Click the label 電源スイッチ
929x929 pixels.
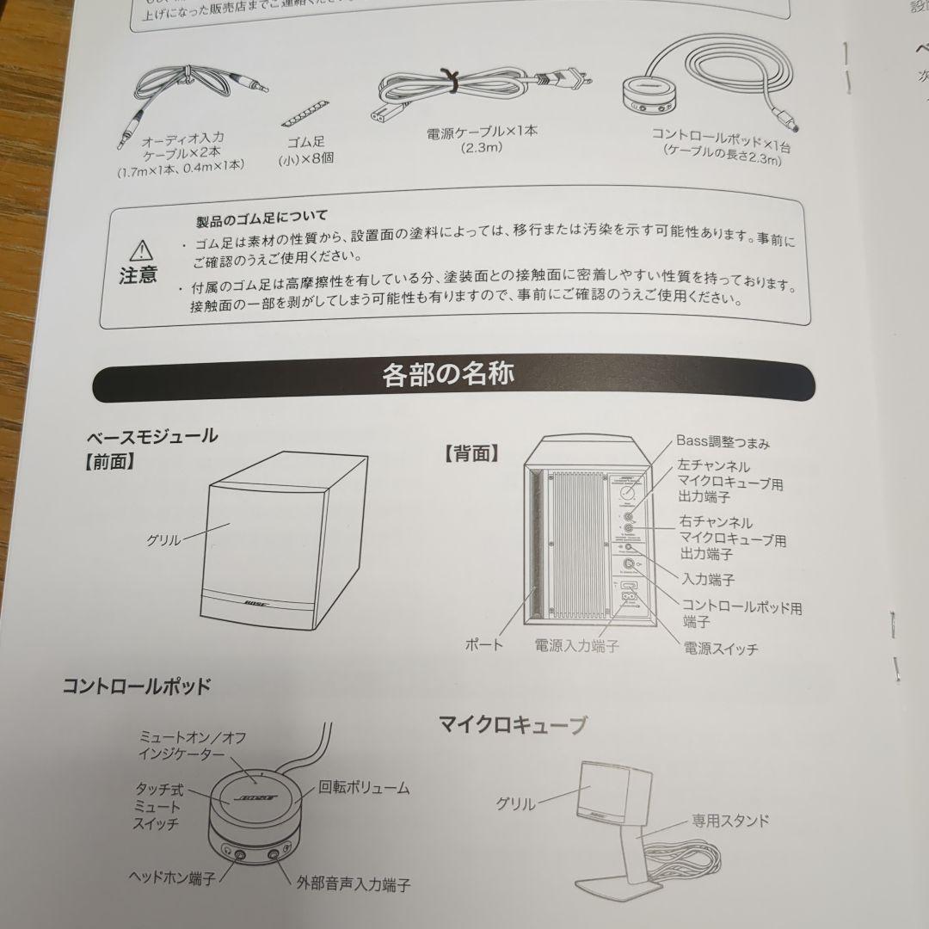(x=720, y=649)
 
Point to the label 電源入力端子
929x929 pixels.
(x=575, y=645)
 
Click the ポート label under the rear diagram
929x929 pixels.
(x=483, y=643)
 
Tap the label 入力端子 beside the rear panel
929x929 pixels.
(x=708, y=579)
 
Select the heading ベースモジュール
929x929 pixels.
(x=151, y=435)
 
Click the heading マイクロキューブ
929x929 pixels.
(x=513, y=724)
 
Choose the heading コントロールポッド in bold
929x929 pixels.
(x=136, y=686)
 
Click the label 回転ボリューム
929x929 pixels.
(x=364, y=786)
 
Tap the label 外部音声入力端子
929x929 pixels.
(x=353, y=884)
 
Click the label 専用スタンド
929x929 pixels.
(x=730, y=821)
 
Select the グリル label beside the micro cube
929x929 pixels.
(x=515, y=804)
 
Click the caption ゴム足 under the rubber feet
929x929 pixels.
(x=307, y=142)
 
